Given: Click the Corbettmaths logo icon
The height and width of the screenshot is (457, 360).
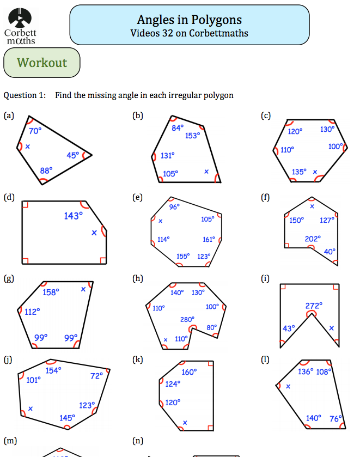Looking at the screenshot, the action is click(20, 17).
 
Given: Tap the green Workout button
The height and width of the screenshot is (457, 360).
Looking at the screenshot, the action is click(42, 63).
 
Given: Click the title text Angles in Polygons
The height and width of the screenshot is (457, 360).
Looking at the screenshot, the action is click(189, 20).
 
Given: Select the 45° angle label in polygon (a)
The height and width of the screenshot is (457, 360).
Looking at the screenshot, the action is click(73, 155).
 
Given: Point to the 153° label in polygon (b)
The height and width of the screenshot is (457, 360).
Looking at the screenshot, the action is click(192, 136).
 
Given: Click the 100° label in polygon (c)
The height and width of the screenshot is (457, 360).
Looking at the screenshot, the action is click(335, 147).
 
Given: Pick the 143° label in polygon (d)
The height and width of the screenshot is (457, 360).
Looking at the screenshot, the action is click(74, 216).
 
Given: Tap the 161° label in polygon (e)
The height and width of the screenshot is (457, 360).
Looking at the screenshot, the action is click(209, 239).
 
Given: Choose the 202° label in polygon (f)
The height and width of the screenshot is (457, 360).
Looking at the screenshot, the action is click(313, 239).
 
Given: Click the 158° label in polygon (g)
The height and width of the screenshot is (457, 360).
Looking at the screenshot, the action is click(51, 292).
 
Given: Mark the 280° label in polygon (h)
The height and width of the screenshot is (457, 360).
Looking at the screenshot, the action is click(187, 319).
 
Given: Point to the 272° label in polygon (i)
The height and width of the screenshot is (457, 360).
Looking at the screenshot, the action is click(314, 306).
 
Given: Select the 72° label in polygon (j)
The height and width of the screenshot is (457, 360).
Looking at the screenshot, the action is click(96, 376).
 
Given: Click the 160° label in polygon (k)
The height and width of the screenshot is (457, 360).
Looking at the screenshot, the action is click(189, 372).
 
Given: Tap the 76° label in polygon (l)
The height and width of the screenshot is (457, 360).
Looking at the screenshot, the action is click(335, 418).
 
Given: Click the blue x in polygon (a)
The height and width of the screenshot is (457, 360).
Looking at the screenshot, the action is click(28, 147).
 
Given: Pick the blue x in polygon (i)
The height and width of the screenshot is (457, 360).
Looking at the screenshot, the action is click(331, 328).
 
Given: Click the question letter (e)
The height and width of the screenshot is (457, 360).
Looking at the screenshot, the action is click(137, 197).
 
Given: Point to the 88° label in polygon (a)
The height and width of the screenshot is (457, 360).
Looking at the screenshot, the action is click(46, 170).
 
